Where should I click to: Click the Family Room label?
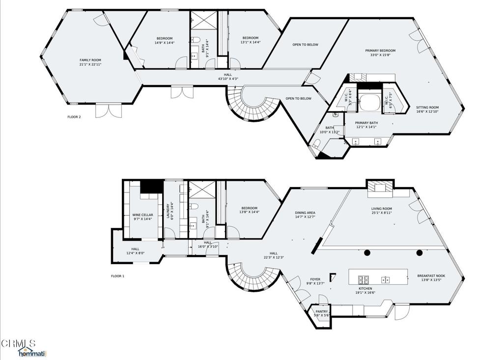click(x=90, y=60)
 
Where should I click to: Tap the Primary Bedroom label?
click(x=380, y=51)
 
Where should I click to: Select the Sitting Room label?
click(x=427, y=107)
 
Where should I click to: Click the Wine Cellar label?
click(x=142, y=215)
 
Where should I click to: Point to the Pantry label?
click(x=322, y=311)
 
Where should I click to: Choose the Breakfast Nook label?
click(x=431, y=276)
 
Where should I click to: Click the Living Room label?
click(x=381, y=209)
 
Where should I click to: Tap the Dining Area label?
click(x=305, y=213)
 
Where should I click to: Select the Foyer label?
click(x=314, y=279)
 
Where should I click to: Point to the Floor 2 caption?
click(x=74, y=117)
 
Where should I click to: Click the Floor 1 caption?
click(x=117, y=276)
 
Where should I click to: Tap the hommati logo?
click(x=32, y=353)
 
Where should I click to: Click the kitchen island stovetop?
click(x=363, y=280)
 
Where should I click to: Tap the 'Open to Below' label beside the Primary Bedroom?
click(x=305, y=45)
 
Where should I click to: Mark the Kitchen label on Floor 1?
click(x=364, y=289)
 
